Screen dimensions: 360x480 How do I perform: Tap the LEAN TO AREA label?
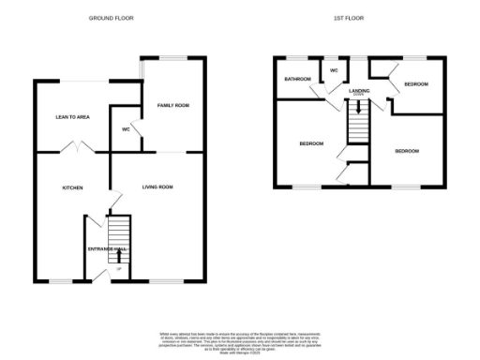click(71, 117)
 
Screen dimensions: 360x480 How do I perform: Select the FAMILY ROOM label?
click(172, 105)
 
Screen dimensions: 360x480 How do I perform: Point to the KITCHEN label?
click(72, 187)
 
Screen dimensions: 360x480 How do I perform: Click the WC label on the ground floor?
click(126, 129)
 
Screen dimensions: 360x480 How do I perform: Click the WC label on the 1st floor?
click(333, 70)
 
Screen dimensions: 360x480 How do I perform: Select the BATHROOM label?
click(298, 79)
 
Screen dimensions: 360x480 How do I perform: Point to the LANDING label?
click(358, 91)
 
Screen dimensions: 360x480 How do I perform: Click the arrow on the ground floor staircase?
click(119, 254)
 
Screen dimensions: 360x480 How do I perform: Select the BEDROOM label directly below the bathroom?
click(310, 143)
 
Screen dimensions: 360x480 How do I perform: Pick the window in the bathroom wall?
click(297, 58)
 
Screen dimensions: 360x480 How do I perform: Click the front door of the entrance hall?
click(120, 277)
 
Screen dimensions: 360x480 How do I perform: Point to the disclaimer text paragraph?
click(240, 341)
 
